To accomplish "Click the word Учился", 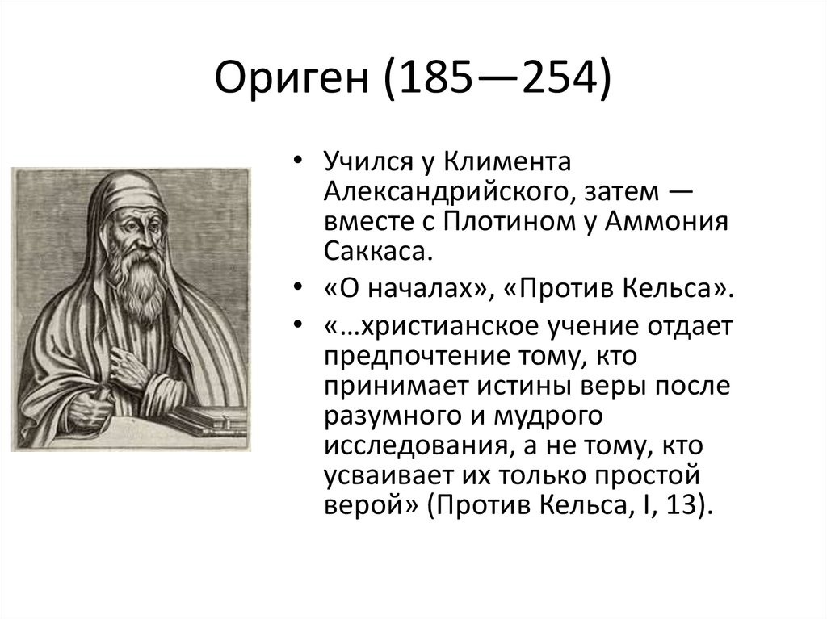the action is [368, 162].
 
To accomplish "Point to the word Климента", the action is [507, 161].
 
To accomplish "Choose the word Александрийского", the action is [446, 191].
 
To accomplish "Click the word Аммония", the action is [666, 221].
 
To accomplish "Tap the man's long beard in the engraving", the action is [142, 283].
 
